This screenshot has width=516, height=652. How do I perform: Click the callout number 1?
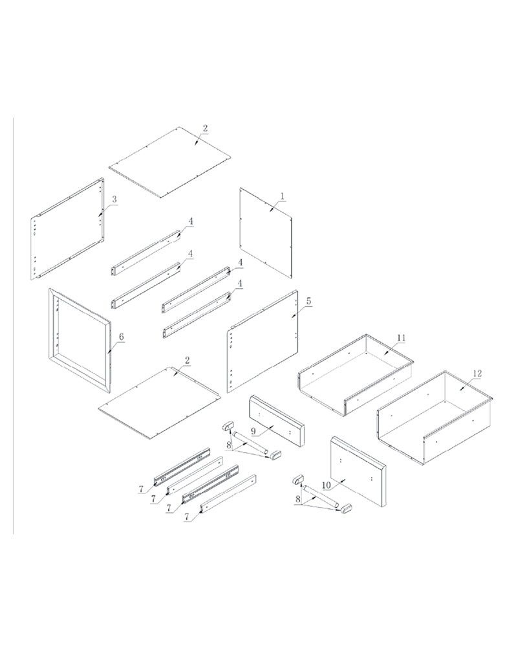(283, 196)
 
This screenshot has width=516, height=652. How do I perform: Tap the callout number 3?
(114, 199)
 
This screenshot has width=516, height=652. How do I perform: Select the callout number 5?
(308, 301)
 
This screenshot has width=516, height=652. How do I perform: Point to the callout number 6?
(121, 337)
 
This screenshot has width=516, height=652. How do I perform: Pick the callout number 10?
(327, 485)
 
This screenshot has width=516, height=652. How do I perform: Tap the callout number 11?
(401, 338)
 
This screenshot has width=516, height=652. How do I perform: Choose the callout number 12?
(477, 374)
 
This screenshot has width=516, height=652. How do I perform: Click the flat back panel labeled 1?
(266, 232)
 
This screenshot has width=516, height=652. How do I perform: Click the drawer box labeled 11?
(356, 374)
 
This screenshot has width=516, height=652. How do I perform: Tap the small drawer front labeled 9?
(277, 421)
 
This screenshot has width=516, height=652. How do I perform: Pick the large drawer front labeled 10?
(358, 471)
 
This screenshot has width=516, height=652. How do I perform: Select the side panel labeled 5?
(263, 341)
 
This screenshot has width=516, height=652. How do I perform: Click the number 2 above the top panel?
(205, 128)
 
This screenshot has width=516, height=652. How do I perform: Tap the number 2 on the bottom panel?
(187, 361)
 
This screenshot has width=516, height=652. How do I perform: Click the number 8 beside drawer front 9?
(228, 445)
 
